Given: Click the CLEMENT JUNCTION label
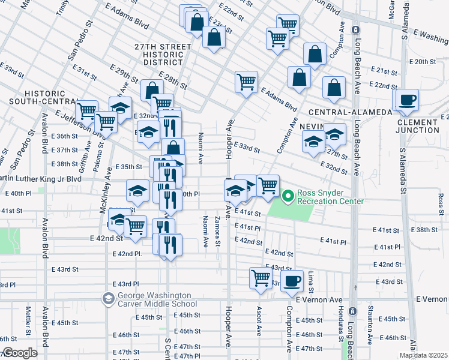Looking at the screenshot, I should [418, 126].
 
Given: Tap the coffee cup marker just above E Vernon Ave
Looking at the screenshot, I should [292, 280].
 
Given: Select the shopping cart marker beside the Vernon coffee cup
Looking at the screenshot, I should [261, 278].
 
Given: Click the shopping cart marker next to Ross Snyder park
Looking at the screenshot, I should [268, 185].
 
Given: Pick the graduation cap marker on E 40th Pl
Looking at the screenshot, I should [137, 191].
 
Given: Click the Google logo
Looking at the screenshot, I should [20, 353].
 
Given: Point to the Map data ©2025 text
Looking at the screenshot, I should [423, 355].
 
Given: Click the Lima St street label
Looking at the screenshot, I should [311, 280].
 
